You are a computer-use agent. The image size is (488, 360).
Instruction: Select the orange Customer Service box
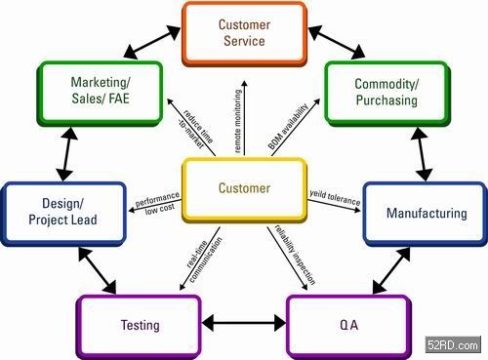click(244, 34)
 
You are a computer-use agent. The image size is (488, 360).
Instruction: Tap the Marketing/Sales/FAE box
click(101, 93)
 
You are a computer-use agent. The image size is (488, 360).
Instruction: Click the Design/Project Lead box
click(63, 214)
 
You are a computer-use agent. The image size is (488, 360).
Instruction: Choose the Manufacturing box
click(425, 214)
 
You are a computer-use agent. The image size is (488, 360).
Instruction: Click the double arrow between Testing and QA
click(244, 324)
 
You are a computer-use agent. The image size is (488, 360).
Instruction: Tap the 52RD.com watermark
click(453, 344)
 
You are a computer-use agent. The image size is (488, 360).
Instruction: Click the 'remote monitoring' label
click(238, 121)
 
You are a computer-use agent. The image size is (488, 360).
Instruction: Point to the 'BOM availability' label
click(288, 127)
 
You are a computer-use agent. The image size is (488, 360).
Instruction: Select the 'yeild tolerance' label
click(335, 197)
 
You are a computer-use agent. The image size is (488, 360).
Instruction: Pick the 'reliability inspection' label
click(295, 255)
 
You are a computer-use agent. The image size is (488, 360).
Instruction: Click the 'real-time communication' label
click(204, 260)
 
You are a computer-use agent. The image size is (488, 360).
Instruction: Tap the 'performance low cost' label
click(158, 203)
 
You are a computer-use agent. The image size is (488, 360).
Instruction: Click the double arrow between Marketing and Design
click(67, 154)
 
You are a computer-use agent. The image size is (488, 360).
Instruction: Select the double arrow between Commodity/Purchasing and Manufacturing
click(423, 154)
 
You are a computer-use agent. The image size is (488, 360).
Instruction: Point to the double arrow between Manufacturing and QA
click(391, 271)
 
